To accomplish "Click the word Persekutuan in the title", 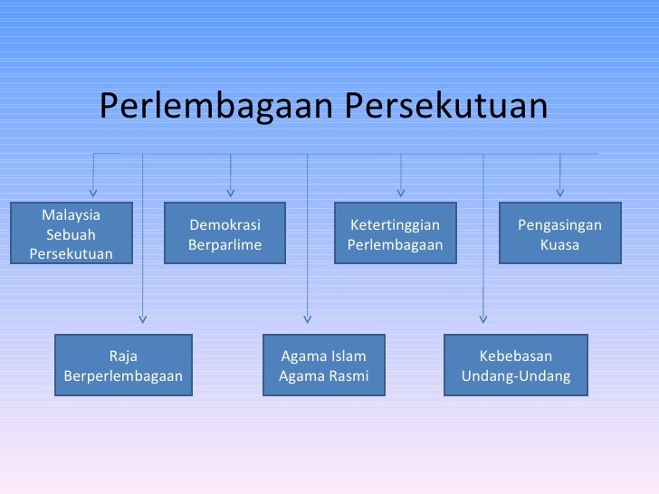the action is [447, 107].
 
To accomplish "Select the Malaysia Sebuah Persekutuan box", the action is [72, 233].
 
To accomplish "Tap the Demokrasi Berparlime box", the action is [224, 234].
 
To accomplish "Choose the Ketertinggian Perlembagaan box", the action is [395, 234].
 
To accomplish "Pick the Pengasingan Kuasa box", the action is [559, 234].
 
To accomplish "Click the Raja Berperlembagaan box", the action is [123, 366].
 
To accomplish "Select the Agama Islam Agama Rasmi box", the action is [323, 366].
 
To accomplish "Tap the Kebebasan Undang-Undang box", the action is [516, 366].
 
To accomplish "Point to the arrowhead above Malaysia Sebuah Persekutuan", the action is [93, 191].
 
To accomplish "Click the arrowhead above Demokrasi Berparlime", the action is [231, 191].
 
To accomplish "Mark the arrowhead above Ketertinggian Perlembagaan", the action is [401, 191].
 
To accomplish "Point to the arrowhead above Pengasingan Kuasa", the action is [560, 191].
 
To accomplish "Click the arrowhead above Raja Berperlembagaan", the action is [142, 318].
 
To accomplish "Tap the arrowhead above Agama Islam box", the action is [307, 318].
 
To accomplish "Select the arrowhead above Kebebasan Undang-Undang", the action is [482, 318].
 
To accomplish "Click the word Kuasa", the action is [559, 245].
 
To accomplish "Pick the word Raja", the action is [123, 356].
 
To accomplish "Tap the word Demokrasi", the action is [224, 225].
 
